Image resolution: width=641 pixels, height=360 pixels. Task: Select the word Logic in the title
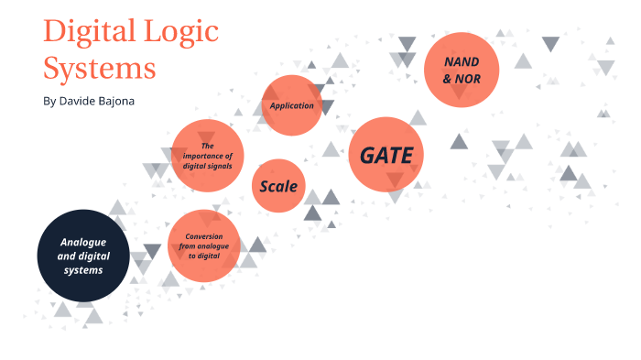(179, 33)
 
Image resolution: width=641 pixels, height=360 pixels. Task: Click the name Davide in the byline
(78, 100)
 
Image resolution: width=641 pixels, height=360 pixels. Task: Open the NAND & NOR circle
(462, 70)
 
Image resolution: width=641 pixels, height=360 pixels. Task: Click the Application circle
(292, 104)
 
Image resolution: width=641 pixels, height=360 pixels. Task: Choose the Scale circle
(279, 186)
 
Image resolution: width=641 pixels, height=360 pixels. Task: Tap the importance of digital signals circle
(207, 156)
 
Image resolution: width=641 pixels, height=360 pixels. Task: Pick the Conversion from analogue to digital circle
(204, 245)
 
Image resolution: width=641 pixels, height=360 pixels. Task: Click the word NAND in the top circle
(462, 61)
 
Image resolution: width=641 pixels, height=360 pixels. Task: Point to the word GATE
(386, 156)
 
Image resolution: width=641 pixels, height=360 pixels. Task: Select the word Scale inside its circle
(279, 186)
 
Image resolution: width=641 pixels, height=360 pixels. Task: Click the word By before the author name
(49, 100)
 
